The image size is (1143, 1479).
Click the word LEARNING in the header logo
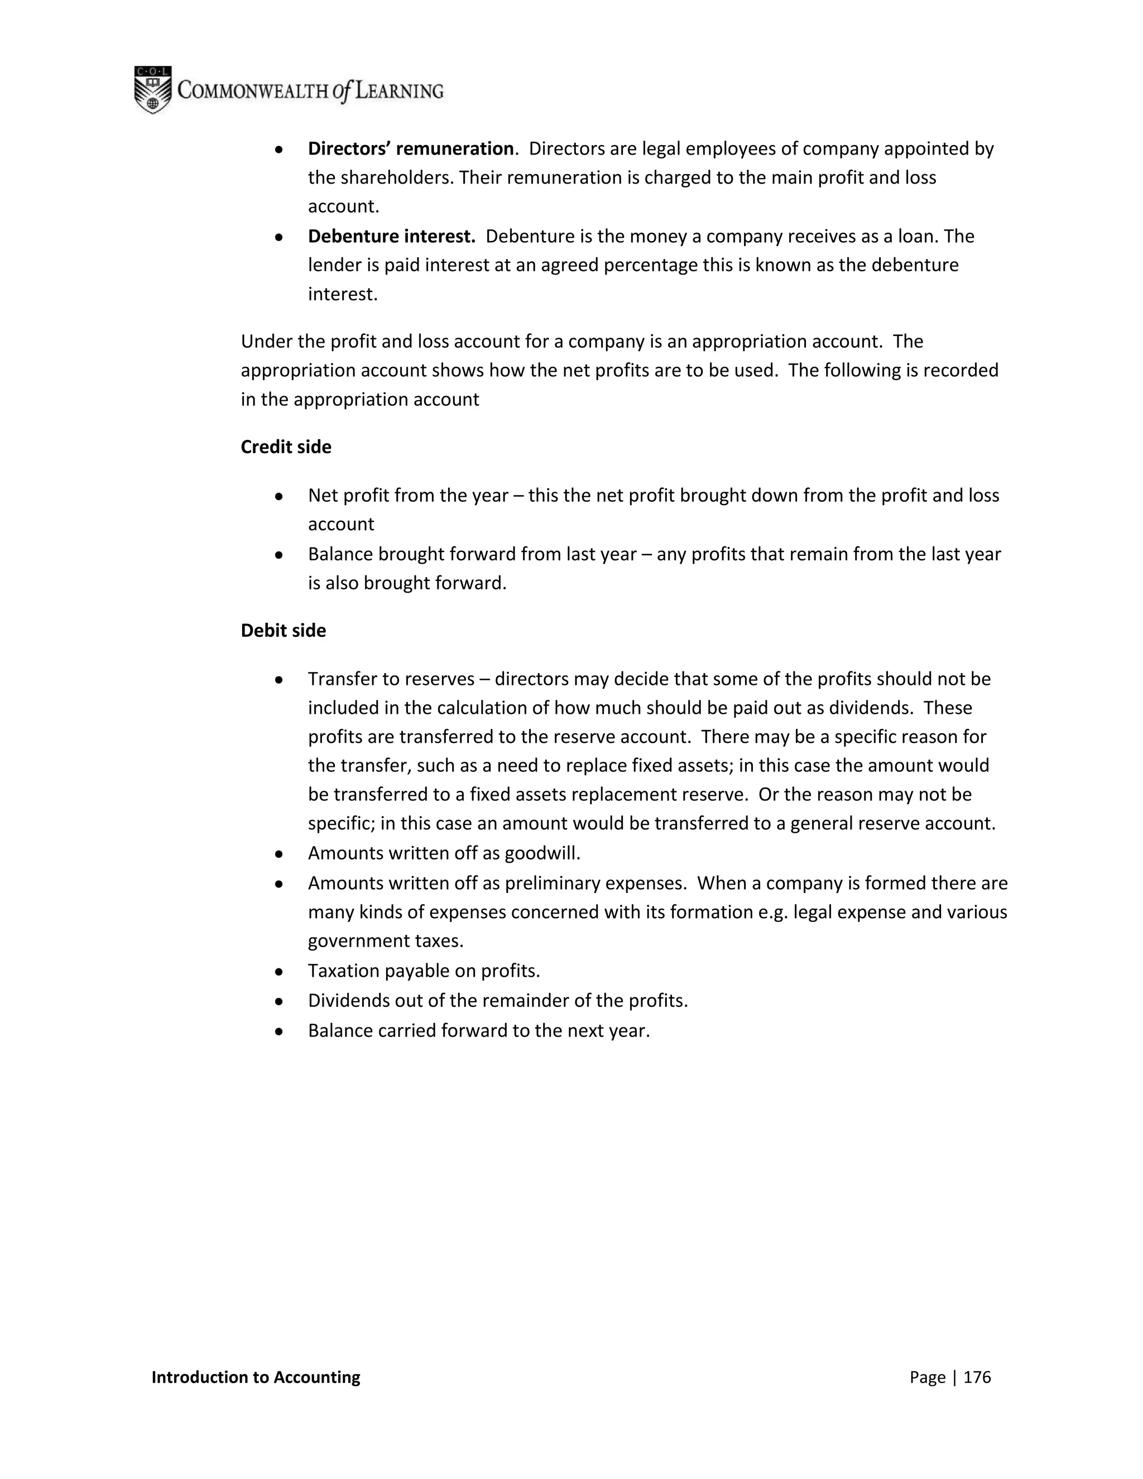click(x=399, y=91)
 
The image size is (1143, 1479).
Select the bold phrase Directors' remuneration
click(x=410, y=148)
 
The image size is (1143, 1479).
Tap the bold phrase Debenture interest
click(x=391, y=236)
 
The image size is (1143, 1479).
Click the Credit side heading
click(x=286, y=447)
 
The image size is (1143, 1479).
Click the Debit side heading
click(x=283, y=631)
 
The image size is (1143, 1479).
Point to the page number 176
click(x=977, y=1377)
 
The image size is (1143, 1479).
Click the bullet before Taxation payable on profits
click(x=278, y=972)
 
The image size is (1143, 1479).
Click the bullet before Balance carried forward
click(x=278, y=1031)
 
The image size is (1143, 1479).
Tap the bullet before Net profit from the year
click(x=278, y=496)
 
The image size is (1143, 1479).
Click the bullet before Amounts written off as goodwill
click(x=278, y=854)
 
